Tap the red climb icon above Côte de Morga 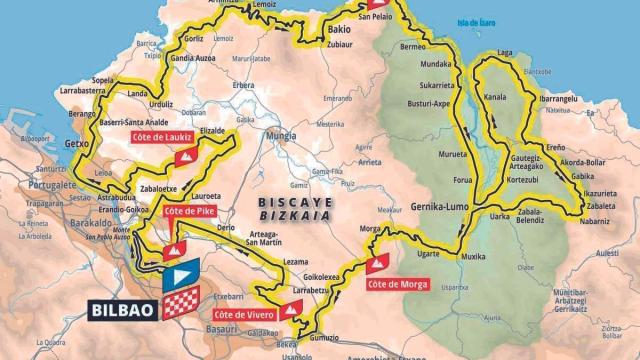pyautogui.click(x=376, y=264)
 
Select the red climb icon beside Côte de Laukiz pyautogui.click(x=183, y=157)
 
